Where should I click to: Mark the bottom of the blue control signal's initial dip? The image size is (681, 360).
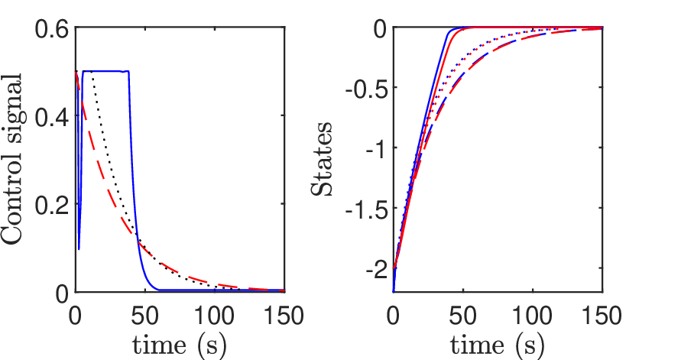pos(79,248)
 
